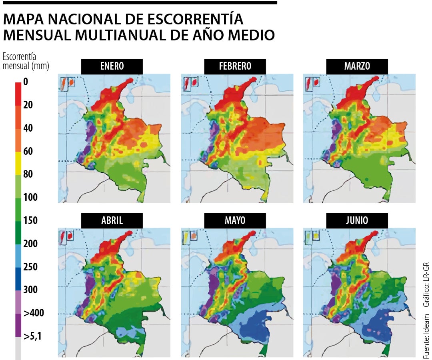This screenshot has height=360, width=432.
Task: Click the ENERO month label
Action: [x=112, y=66]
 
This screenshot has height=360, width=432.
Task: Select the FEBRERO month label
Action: [x=235, y=66]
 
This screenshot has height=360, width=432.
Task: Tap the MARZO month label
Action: [x=357, y=66]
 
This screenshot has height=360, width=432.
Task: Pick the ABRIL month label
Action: [x=112, y=220]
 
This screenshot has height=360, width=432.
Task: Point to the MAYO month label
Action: [x=235, y=220]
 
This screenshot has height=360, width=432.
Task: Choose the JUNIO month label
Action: [x=357, y=220]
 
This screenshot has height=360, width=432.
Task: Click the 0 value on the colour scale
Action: [x=26, y=82]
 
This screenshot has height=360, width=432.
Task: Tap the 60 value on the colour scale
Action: [x=28, y=151]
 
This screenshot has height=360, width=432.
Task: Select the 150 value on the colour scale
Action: [x=30, y=220]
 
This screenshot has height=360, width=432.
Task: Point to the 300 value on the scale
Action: [x=30, y=290]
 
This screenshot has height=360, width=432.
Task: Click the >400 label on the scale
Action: [x=34, y=313]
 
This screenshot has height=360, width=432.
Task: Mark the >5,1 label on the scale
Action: [x=32, y=336]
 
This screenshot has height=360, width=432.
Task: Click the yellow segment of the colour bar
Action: [x=18, y=163]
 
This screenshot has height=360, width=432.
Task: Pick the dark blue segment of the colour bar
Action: [x=18, y=278]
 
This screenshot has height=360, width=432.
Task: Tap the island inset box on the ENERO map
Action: [x=68, y=83]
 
